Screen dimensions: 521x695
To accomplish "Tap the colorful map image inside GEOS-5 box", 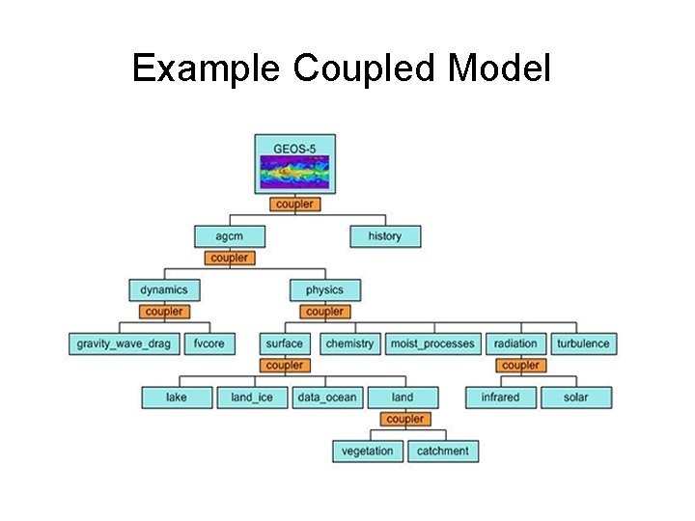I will [294, 174].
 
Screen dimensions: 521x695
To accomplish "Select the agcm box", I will [228, 236].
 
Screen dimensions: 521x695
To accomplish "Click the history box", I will [384, 236].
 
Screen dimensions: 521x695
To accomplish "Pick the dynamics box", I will [164, 289].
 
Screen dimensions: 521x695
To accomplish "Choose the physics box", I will [324, 289].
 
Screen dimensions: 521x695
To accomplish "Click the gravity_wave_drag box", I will [125, 343].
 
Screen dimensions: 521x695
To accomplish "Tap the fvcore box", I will [209, 343].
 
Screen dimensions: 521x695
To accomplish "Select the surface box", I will [284, 343].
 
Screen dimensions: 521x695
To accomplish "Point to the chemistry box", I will [349, 343].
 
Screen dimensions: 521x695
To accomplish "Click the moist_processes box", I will [432, 343].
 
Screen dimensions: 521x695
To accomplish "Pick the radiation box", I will [516, 343].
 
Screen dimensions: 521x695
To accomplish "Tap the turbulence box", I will [583, 343].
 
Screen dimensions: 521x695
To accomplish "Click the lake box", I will [176, 397].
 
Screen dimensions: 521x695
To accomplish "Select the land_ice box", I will [252, 397].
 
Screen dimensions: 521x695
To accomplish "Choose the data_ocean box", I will [326, 397].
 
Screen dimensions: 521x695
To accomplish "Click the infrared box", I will [500, 397].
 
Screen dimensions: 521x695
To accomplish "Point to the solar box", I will [576, 397].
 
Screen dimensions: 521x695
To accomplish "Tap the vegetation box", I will [368, 451].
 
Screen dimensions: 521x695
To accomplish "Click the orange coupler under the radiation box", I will [520, 366].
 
